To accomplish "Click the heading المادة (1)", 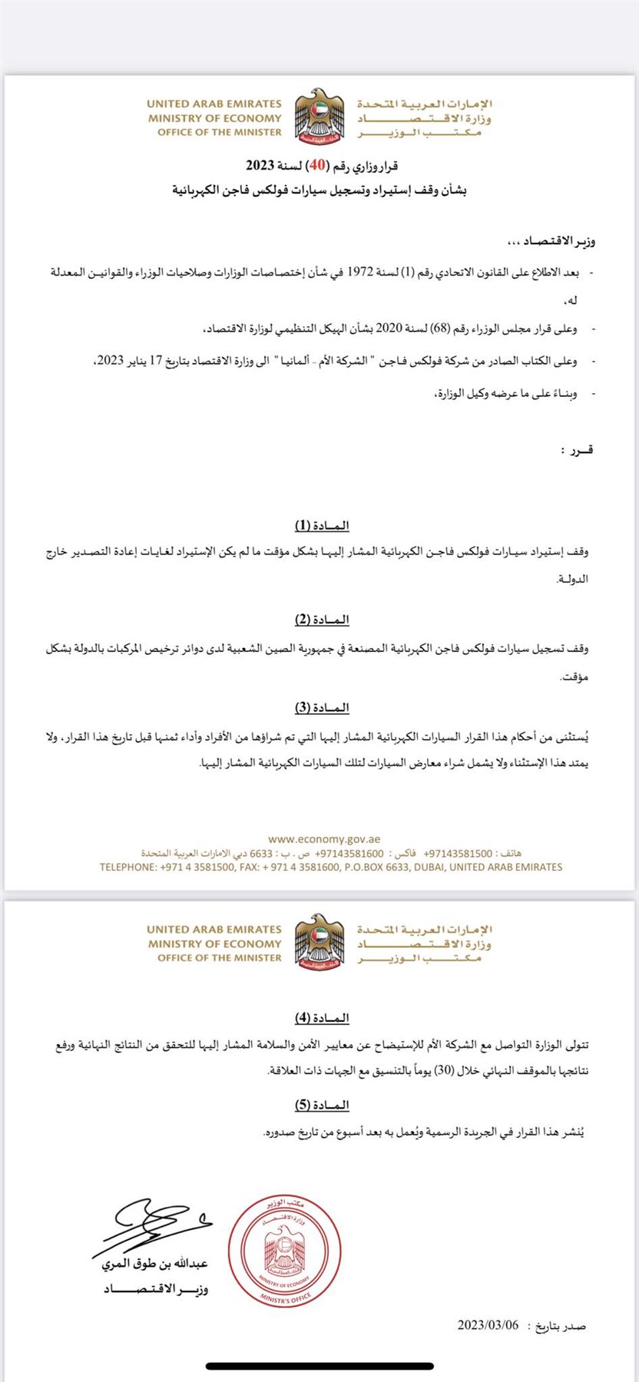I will [322, 525].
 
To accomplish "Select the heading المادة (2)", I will [322, 619].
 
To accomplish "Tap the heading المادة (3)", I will [322, 707].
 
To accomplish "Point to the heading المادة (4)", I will [322, 1017].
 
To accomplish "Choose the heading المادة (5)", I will [322, 1105].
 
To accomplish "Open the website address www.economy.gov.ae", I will [324, 840].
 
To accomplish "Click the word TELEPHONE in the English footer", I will [127, 867].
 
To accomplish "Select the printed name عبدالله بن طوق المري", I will [154, 1263].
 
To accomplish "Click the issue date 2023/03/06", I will [488, 1325].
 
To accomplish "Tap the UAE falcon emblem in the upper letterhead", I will [319, 116].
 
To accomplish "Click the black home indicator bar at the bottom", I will [319, 1366].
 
